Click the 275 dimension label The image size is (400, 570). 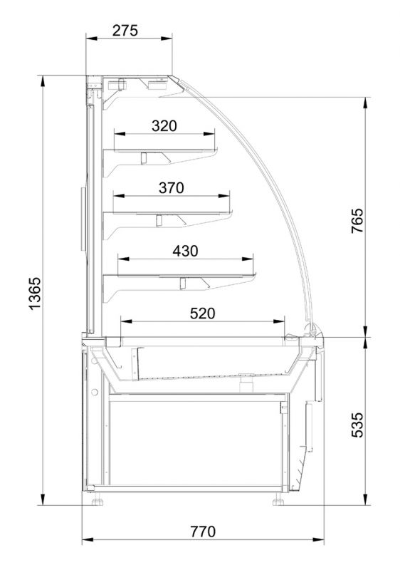125,31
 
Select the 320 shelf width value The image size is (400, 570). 164,126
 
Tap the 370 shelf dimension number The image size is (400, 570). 172,188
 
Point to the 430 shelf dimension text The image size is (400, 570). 185,251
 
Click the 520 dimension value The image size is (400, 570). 203,313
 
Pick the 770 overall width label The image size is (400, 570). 203,532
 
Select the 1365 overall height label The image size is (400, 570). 35,294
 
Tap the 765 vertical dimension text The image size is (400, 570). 357,221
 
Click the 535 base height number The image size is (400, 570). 357,425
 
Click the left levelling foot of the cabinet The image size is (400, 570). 98,502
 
